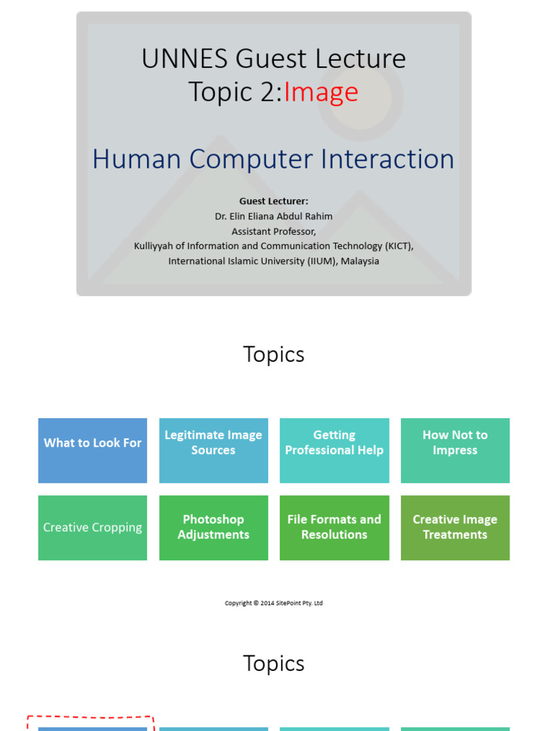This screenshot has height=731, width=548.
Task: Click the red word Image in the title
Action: [x=321, y=92]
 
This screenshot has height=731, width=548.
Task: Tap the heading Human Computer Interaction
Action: [x=273, y=158]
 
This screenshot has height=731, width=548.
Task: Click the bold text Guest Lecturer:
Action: [x=273, y=201]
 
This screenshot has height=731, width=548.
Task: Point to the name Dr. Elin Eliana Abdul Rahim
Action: [x=273, y=216]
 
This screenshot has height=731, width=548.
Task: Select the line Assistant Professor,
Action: [x=273, y=231]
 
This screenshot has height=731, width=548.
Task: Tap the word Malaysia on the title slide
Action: [x=360, y=261]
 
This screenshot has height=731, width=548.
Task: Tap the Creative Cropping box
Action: [x=93, y=528]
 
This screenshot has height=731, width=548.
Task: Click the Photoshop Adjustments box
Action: [x=213, y=528]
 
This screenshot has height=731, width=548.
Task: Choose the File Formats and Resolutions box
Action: [x=334, y=528]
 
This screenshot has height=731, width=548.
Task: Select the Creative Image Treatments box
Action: [x=455, y=528]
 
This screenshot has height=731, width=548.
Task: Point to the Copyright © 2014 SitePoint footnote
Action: [x=273, y=603]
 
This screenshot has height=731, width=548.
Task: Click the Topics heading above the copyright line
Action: [x=273, y=354]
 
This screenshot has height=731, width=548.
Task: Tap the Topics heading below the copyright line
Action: [x=273, y=663]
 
